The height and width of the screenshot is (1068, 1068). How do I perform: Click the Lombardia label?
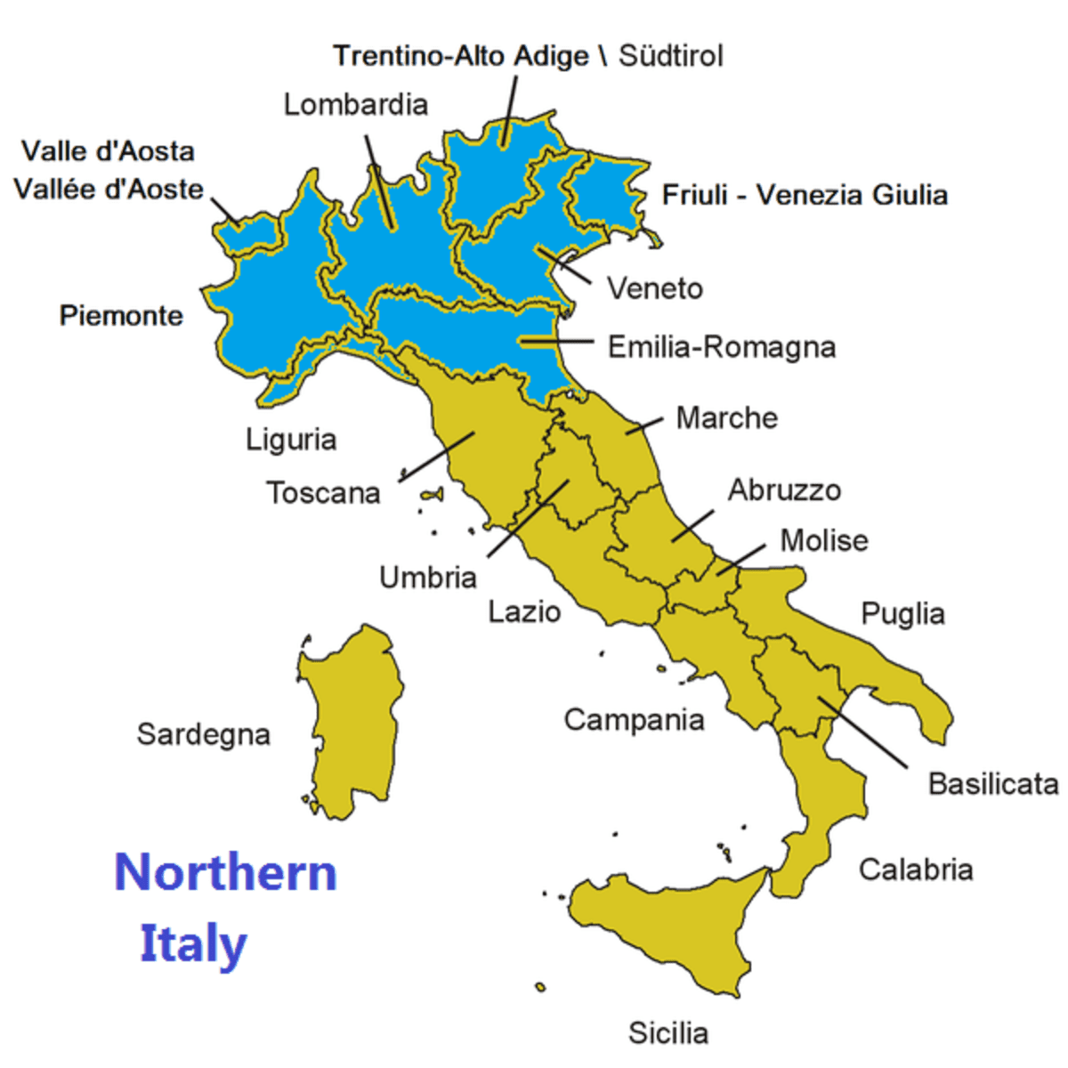(355, 105)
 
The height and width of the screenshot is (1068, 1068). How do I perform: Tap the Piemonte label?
(121, 315)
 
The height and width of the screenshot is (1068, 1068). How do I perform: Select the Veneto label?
(654, 288)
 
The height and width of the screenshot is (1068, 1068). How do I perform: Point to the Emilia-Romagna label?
(721, 347)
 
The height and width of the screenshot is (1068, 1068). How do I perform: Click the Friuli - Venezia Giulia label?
(805, 195)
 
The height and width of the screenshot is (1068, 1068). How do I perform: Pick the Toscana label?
(323, 492)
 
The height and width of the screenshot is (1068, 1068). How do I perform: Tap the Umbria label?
(428, 578)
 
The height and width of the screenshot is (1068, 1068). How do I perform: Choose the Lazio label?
(524, 611)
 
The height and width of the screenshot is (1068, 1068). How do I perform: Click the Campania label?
(634, 719)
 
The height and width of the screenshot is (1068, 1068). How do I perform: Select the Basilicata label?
(992, 783)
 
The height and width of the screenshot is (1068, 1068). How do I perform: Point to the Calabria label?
(915, 869)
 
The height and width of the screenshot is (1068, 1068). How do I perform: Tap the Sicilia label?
(667, 1032)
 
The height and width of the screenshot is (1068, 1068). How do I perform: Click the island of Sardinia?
(352, 721)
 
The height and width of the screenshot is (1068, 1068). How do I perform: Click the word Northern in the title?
(226, 872)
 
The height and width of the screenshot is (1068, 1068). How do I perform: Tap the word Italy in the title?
(192, 943)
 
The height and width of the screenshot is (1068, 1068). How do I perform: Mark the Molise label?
(823, 540)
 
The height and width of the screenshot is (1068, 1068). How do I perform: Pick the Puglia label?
(902, 613)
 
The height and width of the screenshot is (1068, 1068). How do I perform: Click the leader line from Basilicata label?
(863, 732)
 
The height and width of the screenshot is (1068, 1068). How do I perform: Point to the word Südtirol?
(670, 56)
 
